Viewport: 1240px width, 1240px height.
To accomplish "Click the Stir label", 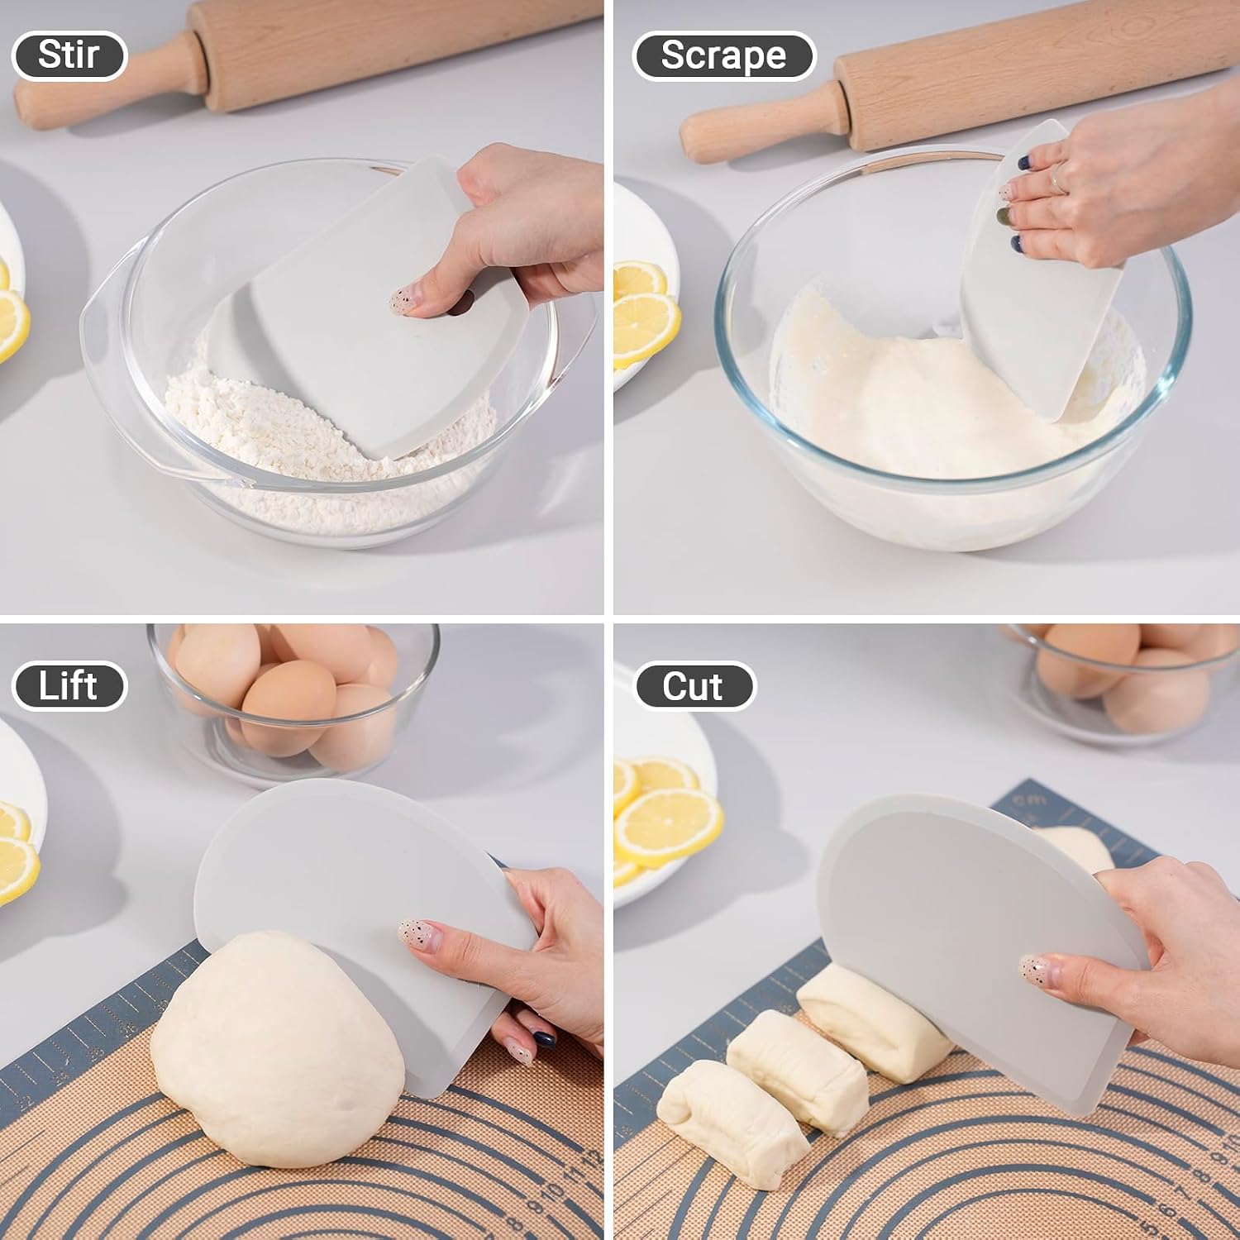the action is (69, 55).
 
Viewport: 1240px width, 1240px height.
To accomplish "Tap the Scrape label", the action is (723, 55).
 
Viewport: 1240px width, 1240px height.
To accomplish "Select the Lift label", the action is (69, 686).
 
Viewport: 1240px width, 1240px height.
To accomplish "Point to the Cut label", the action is (694, 686).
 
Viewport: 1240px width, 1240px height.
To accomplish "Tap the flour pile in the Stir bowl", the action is (322, 446).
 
